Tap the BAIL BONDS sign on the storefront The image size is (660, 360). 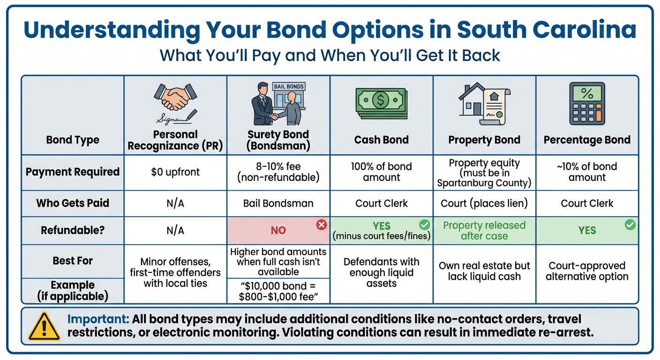(x=288, y=87)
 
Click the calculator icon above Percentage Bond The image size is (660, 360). (x=587, y=104)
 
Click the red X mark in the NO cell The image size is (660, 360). (x=321, y=225)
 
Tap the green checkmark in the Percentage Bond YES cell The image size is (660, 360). (x=630, y=225)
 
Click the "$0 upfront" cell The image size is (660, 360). (x=175, y=172)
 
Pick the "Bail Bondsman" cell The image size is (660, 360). (x=278, y=203)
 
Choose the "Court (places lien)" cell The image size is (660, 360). (x=484, y=203)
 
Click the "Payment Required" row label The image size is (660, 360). (x=73, y=172)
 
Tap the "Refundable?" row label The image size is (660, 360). (x=73, y=230)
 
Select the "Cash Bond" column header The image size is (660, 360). (x=381, y=140)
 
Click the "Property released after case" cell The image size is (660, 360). (x=484, y=230)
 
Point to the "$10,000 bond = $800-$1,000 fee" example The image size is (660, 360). (x=278, y=291)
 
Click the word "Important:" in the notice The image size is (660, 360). (x=98, y=320)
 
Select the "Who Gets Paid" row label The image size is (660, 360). (x=73, y=203)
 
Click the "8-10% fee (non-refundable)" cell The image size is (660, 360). (x=278, y=172)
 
